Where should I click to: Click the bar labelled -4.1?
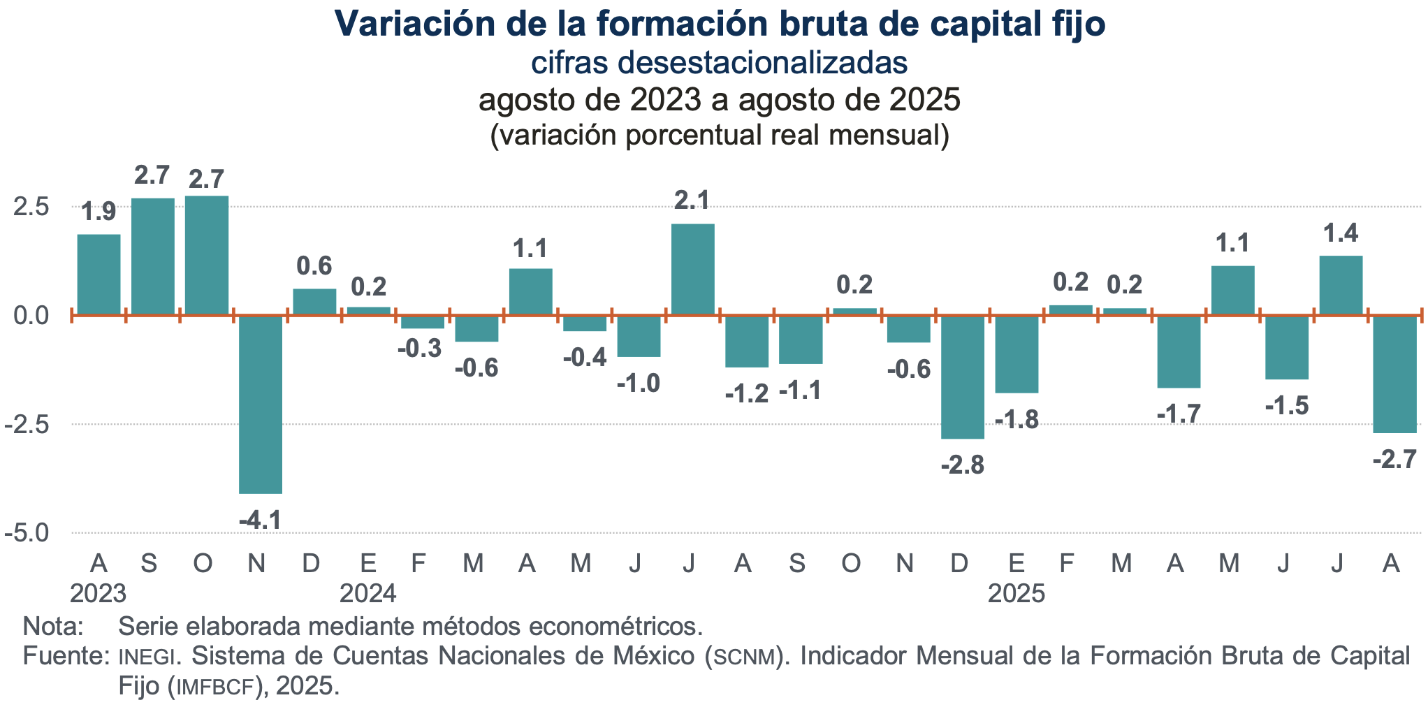tap(261, 404)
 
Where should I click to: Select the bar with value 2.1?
tap(692, 270)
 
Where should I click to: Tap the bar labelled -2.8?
tap(963, 377)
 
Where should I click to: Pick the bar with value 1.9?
tap(99, 275)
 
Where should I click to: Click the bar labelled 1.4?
tap(1341, 285)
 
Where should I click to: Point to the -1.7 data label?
tap(1179, 414)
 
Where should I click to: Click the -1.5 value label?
tap(1287, 406)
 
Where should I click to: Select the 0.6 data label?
tap(314, 266)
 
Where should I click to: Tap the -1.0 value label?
tap(639, 383)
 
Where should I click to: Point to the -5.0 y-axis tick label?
tap(27, 533)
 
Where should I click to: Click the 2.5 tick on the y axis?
tap(31, 207)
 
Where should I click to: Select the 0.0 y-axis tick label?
tap(31, 316)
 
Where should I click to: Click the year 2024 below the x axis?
tap(368, 594)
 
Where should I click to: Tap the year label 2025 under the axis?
tap(1017, 594)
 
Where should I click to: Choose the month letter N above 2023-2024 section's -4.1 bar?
tap(256, 563)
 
